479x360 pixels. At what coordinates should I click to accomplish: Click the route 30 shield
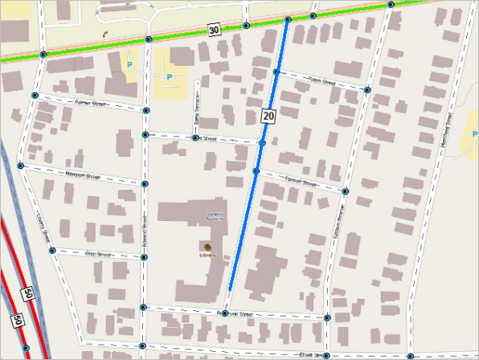pyautogui.click(x=213, y=31)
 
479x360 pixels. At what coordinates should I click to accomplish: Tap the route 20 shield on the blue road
pyautogui.click(x=268, y=117)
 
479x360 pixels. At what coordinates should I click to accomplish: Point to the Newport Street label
pyautogui.click(x=80, y=174)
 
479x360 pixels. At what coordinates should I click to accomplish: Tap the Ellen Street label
pyautogui.click(x=100, y=254)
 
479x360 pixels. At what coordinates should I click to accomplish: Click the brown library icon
pyautogui.click(x=207, y=247)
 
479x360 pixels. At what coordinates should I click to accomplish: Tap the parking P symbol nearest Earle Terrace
pyautogui.click(x=169, y=77)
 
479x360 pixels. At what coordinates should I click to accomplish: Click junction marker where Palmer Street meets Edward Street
pyautogui.click(x=146, y=109)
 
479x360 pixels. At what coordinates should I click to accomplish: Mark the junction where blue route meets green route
pyautogui.click(x=287, y=18)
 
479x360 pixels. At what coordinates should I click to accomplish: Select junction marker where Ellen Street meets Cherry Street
pyautogui.click(x=52, y=251)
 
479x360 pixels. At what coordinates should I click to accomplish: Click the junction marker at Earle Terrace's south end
pyautogui.click(x=195, y=137)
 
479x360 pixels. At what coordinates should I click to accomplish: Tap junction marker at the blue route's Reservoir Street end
pyautogui.click(x=226, y=313)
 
